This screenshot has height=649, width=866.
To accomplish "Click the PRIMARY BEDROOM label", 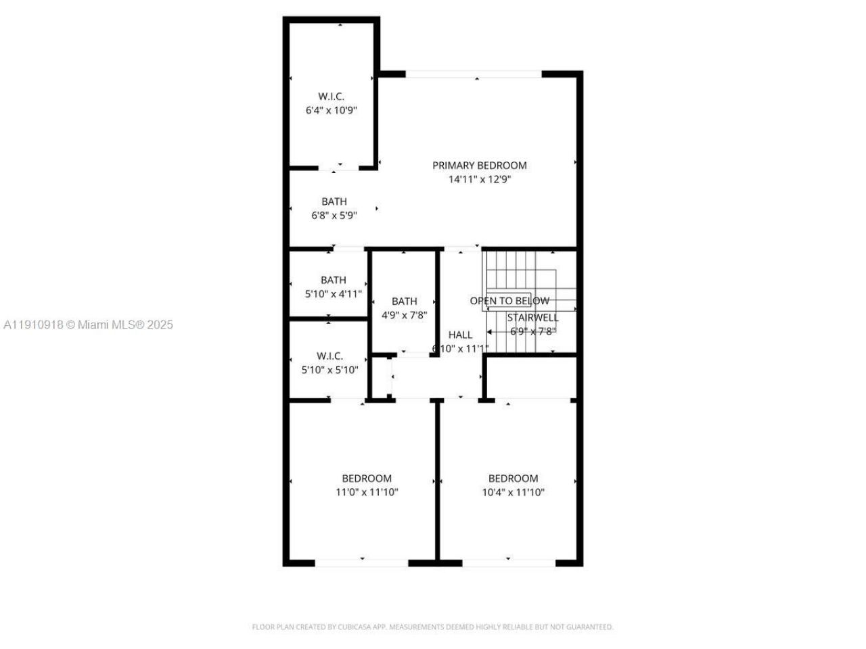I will click(x=479, y=166).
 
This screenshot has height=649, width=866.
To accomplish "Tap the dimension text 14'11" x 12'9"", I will click(x=479, y=180).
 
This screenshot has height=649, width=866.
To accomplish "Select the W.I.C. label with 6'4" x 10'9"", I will click(x=331, y=97).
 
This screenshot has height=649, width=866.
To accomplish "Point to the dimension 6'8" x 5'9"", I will click(x=334, y=216).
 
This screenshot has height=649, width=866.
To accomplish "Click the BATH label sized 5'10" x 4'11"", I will click(x=333, y=280).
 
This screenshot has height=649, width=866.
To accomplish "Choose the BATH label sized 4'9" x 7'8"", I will click(x=404, y=302).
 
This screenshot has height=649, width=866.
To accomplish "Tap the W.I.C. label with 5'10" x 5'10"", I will click(x=329, y=356).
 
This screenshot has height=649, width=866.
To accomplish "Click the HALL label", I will click(x=460, y=335).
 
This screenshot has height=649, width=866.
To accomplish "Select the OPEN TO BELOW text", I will click(x=509, y=301).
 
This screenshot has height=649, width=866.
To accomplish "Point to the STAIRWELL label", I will click(x=533, y=318).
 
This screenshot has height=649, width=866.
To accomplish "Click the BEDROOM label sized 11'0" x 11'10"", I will click(x=366, y=479).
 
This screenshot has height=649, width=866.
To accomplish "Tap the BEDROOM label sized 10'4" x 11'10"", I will click(x=513, y=479).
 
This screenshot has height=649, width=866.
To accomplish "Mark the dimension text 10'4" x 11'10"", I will click(x=513, y=493).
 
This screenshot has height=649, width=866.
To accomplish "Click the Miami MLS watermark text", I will click(x=88, y=325).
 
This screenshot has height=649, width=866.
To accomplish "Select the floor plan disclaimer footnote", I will click(x=432, y=627).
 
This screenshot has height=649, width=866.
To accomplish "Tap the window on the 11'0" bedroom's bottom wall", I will click(x=361, y=562).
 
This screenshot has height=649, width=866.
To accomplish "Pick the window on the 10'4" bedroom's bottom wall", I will click(x=508, y=562).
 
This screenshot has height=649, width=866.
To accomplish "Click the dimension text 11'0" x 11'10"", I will click(x=367, y=493).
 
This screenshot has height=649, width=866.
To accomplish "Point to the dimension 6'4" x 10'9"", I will click(x=331, y=110).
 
